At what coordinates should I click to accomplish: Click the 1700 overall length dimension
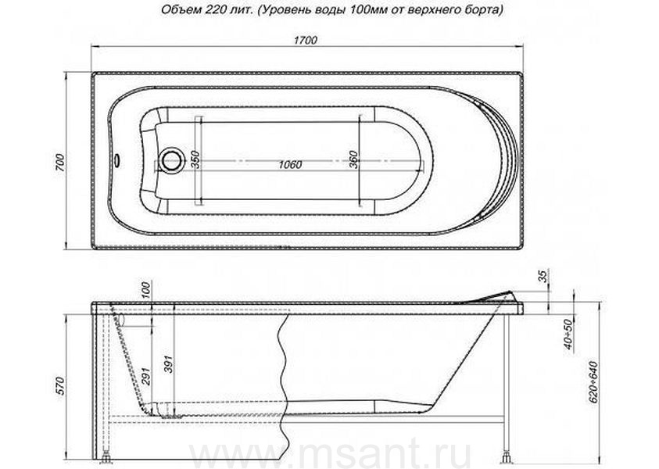pos(306,41)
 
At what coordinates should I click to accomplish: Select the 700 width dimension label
pos(60,163)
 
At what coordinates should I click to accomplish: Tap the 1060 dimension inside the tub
pos(290,165)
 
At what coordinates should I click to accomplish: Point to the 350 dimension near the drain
pos(195,159)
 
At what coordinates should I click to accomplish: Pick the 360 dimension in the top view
pos(353,159)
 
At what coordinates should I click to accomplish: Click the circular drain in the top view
pos(171,159)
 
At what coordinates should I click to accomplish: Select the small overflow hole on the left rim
pos(116,159)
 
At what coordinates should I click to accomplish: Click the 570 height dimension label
pos(60,386)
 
